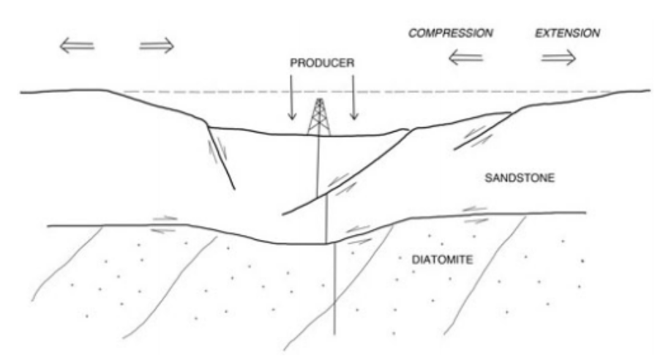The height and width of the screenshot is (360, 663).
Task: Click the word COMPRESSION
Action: [451, 34]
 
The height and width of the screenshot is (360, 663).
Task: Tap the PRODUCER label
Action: [322, 64]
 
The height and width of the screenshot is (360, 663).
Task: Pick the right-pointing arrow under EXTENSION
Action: [558, 58]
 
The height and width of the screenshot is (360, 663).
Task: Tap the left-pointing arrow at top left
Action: [77, 46]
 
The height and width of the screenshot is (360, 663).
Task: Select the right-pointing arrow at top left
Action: [157, 46]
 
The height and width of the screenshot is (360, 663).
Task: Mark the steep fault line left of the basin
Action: [222, 158]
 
